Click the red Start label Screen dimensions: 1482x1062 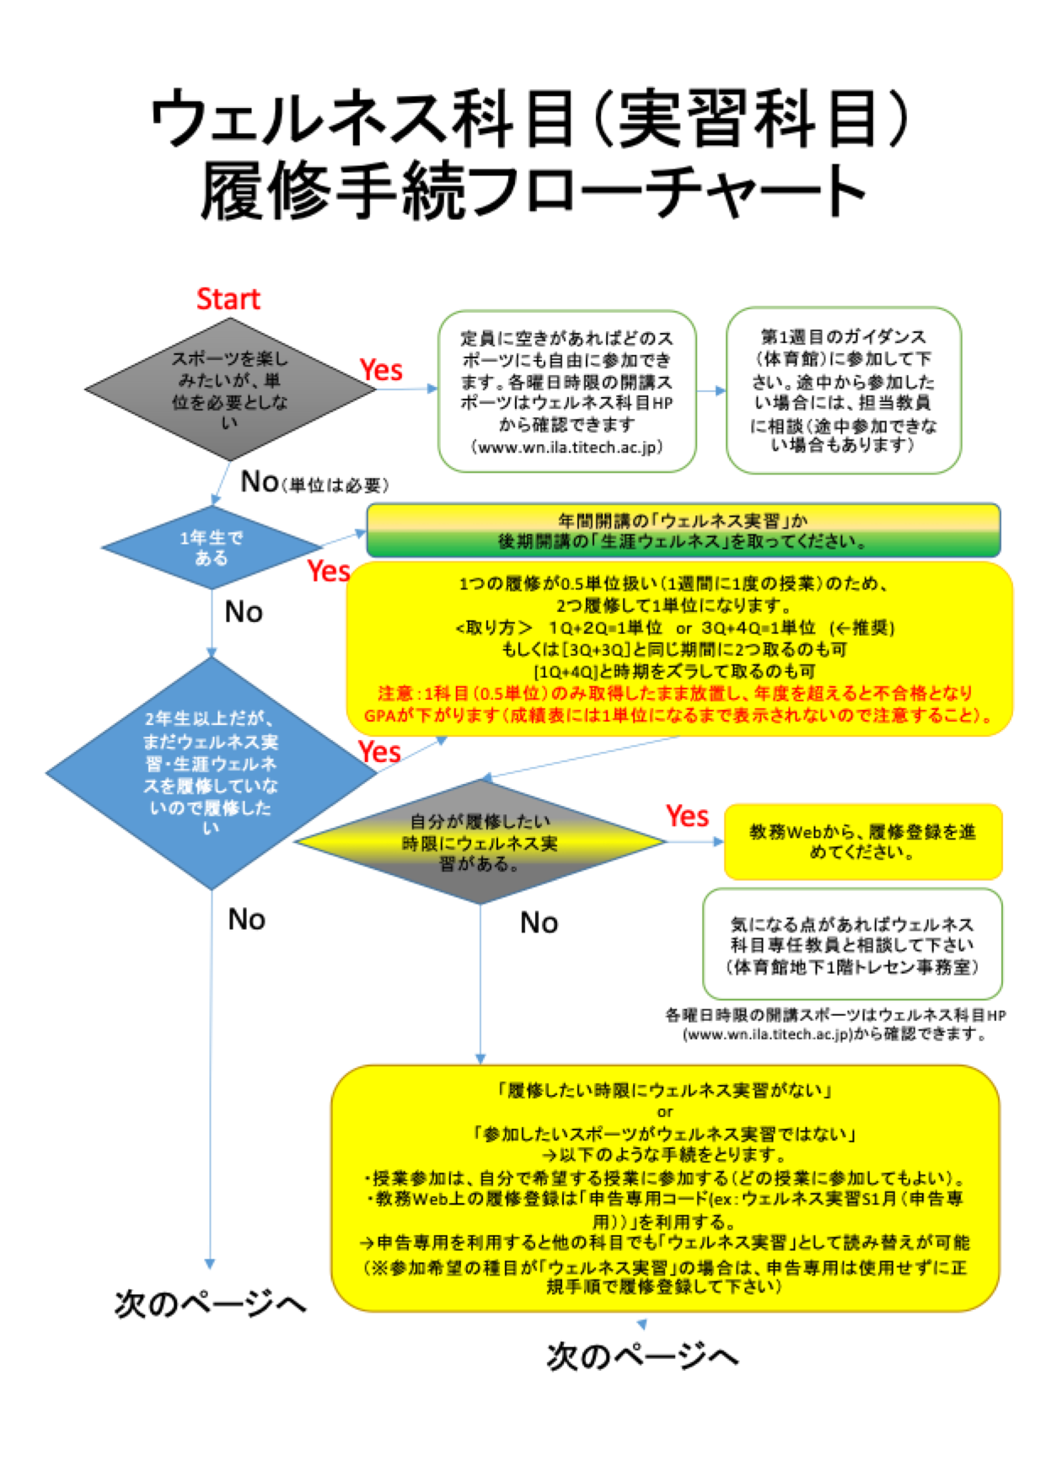(228, 299)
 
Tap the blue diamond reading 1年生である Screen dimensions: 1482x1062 (211, 547)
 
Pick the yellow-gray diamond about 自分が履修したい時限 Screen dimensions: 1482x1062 (480, 841)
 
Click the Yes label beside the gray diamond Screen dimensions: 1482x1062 (381, 370)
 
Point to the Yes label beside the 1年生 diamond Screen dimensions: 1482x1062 (329, 572)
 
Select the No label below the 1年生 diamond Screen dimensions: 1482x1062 (244, 612)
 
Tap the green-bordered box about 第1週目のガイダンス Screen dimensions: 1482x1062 (843, 390)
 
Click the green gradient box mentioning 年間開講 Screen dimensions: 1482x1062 (683, 530)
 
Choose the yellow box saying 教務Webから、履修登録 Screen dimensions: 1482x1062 (862, 841)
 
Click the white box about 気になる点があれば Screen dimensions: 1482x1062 (852, 944)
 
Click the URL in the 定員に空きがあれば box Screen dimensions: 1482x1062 (566, 448)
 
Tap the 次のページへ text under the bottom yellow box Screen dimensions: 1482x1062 (642, 1356)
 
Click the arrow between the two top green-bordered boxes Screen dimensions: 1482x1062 (712, 390)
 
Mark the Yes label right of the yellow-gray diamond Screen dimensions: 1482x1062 (687, 816)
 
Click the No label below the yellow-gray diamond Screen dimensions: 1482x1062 (539, 922)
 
